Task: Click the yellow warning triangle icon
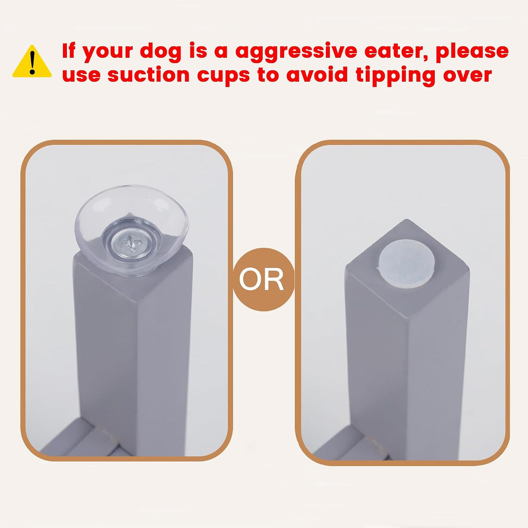[32, 62]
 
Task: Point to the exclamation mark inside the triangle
[33, 63]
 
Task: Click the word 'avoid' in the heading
[317, 75]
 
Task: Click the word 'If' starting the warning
[68, 51]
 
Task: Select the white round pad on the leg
[407, 264]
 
